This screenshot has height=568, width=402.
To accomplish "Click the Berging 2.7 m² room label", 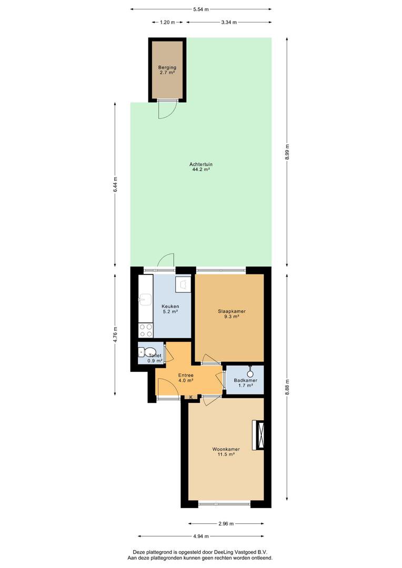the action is click(x=167, y=70).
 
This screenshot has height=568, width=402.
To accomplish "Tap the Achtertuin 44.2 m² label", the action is click(x=201, y=167).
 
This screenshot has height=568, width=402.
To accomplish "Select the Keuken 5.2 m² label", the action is click(x=170, y=309).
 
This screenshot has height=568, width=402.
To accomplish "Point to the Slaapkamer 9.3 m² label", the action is click(x=232, y=313).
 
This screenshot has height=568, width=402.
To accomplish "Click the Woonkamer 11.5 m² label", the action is click(x=226, y=452).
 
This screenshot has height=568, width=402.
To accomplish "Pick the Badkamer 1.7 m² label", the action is click(x=245, y=383).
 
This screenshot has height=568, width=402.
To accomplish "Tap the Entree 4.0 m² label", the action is click(x=186, y=378).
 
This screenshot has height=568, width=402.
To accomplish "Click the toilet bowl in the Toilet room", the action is click(x=149, y=352).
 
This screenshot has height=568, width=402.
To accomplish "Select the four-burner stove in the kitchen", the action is click(x=146, y=330).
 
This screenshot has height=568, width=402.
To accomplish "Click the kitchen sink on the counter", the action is click(x=146, y=299).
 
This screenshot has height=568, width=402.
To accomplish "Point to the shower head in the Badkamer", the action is click(x=250, y=373).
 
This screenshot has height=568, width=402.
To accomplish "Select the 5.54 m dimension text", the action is click(x=201, y=9).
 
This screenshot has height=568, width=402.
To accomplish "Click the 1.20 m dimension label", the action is click(x=167, y=22).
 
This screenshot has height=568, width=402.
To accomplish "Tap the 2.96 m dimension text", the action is click(x=226, y=523).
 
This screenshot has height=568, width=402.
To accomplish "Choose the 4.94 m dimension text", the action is click(x=201, y=536).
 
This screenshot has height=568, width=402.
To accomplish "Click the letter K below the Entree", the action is click(x=191, y=397).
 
